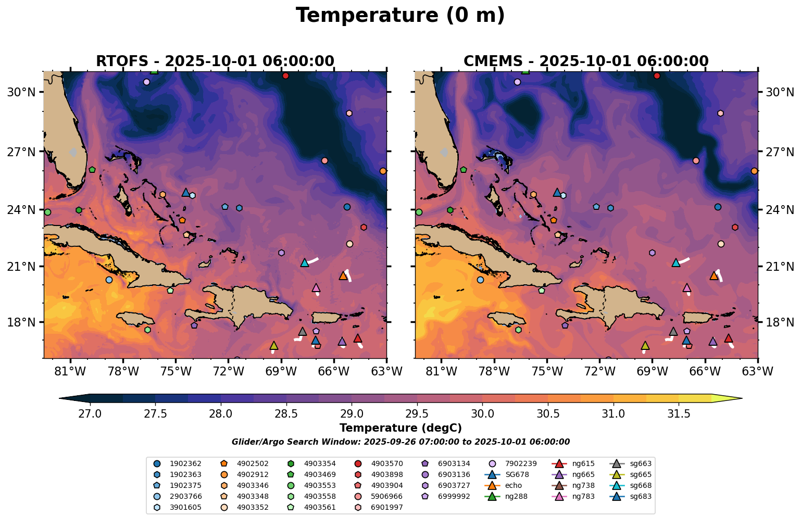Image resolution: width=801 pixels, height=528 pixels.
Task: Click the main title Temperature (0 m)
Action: coord(400,16)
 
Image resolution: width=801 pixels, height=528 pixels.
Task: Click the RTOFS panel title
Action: coord(215,61)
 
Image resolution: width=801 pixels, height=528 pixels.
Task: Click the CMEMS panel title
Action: coord(586,61)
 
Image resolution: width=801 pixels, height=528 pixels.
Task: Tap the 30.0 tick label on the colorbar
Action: coord(482,414)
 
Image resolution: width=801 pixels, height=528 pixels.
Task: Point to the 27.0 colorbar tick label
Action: coord(90,414)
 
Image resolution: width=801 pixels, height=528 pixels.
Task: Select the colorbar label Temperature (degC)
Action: coord(400,428)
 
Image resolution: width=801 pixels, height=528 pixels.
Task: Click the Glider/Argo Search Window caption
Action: coord(400,442)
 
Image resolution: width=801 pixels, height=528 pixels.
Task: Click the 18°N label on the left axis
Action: coord(21,322)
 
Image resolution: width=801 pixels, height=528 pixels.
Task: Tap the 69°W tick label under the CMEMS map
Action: coord(652,372)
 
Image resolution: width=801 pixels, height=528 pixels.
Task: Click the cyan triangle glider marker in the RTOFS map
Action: coord(305,262)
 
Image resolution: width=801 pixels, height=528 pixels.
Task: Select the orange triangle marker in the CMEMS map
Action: coord(714,275)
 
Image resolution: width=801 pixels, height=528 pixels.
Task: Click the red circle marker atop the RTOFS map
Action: coord(285,76)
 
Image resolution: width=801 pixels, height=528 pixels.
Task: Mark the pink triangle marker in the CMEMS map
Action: coord(686,287)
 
